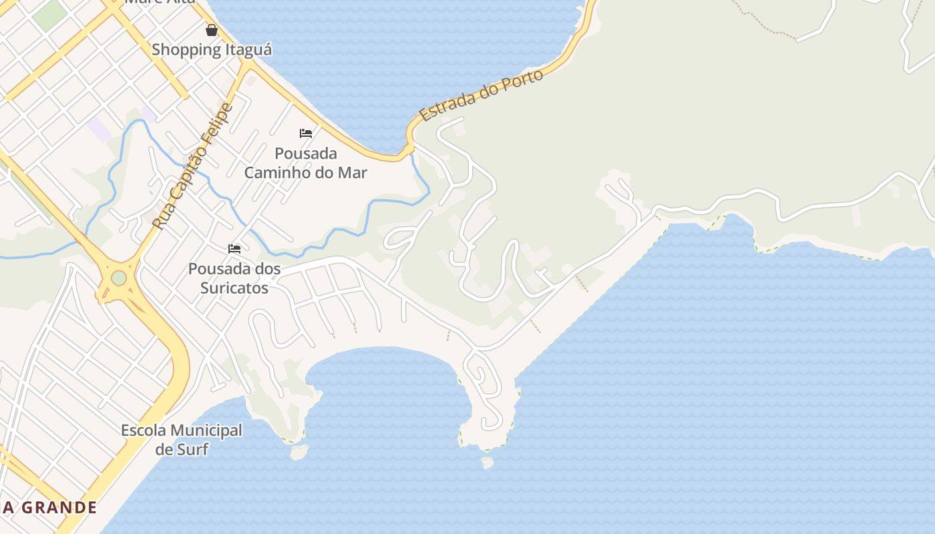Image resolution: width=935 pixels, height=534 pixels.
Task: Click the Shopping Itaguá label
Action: click(x=212, y=49)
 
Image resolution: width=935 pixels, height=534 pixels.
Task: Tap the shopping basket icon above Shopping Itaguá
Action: click(x=212, y=30)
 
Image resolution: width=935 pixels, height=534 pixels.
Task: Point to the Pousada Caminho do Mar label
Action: click(x=306, y=163)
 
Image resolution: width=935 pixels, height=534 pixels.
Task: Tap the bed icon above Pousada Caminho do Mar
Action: click(x=306, y=133)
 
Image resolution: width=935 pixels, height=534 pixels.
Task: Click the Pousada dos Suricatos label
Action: click(x=234, y=278)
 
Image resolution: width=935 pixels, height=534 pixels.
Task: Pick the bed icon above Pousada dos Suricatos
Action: click(x=234, y=249)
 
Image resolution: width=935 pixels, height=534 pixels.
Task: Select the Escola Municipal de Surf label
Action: click(x=182, y=439)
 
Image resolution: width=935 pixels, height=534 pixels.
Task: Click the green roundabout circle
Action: click(x=119, y=278)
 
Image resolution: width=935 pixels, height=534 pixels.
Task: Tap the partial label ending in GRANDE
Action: click(x=49, y=507)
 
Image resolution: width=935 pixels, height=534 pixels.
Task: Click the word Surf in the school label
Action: click(x=192, y=449)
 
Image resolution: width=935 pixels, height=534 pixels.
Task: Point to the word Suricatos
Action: click(x=235, y=288)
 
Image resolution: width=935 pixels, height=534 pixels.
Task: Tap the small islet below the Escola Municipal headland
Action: click(x=300, y=453)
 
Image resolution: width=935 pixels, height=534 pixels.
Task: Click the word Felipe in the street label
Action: click(x=217, y=124)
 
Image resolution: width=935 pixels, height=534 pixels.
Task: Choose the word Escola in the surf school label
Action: click(x=142, y=431)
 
